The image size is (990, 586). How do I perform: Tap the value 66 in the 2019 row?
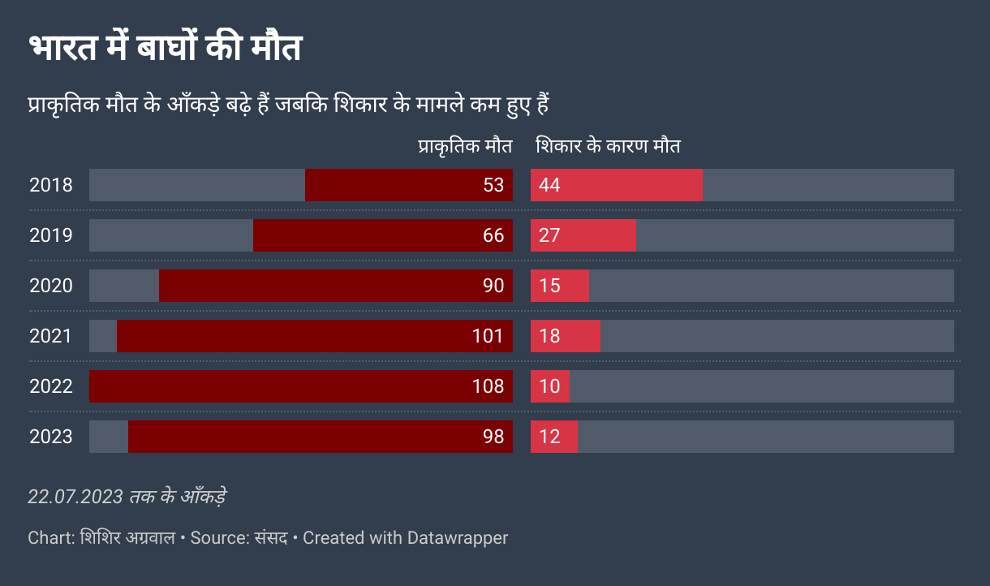pos(493,235)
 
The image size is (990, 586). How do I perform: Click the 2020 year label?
pos(51,286)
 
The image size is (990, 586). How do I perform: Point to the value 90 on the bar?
pos(493,286)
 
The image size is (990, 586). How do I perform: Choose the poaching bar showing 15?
pos(560,286)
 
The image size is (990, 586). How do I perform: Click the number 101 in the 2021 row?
pos(488,336)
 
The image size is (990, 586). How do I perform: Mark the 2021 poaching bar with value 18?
pos(566,336)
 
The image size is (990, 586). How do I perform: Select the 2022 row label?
pos(51,386)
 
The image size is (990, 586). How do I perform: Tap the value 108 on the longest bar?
pos(488,386)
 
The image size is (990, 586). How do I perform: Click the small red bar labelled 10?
pos(550,386)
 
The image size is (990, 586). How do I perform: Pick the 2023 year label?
pos(51,437)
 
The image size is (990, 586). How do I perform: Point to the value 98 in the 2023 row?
pos(493,437)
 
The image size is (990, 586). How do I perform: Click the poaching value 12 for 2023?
pos(550,437)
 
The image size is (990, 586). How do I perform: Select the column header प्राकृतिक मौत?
pos(465,147)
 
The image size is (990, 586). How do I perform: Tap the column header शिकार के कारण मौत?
pos(608,147)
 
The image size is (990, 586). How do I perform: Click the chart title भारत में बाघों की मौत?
pos(165,49)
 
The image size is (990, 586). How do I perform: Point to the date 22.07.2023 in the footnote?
pos(75,497)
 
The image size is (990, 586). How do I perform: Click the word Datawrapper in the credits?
pos(458,537)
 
